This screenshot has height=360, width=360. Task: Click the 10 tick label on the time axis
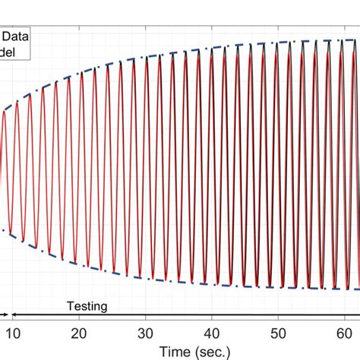coord(14,332)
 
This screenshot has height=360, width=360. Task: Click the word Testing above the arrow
coord(87,306)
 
